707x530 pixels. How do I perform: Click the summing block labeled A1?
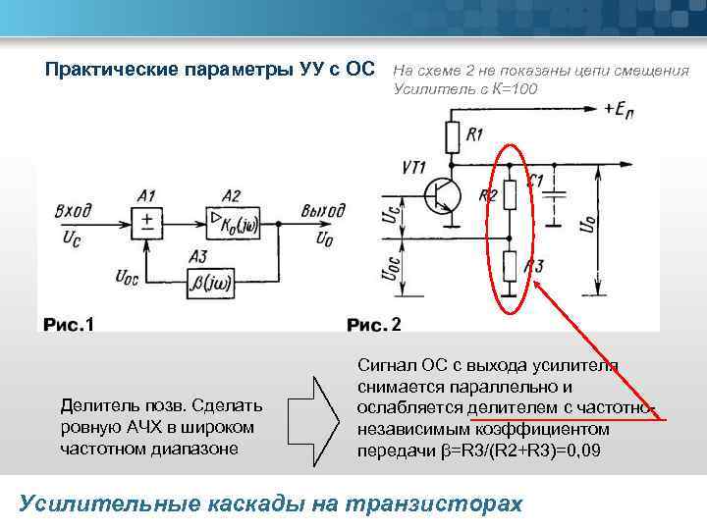coord(147,222)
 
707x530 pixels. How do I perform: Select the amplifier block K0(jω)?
coord(231,222)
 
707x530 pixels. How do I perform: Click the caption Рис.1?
coord(67,324)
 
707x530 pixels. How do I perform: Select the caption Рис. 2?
coord(374,324)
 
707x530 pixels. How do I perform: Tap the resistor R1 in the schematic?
coord(453,133)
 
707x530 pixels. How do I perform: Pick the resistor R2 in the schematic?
coord(511,195)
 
